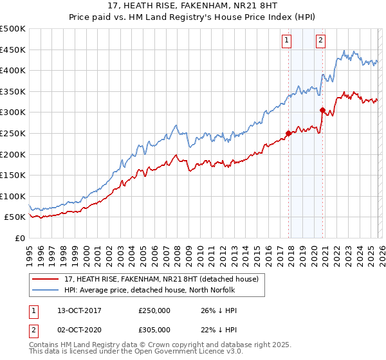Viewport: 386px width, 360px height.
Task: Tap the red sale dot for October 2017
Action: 288,134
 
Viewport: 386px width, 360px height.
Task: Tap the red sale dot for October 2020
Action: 322,110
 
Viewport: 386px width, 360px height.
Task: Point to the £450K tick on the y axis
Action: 13,50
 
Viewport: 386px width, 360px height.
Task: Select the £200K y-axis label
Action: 13,154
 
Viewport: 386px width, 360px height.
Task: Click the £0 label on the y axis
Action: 19,238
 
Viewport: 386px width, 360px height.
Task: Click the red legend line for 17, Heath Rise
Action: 46,279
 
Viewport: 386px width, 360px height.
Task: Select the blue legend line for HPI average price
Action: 46,290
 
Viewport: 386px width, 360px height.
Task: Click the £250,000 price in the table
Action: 154,310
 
